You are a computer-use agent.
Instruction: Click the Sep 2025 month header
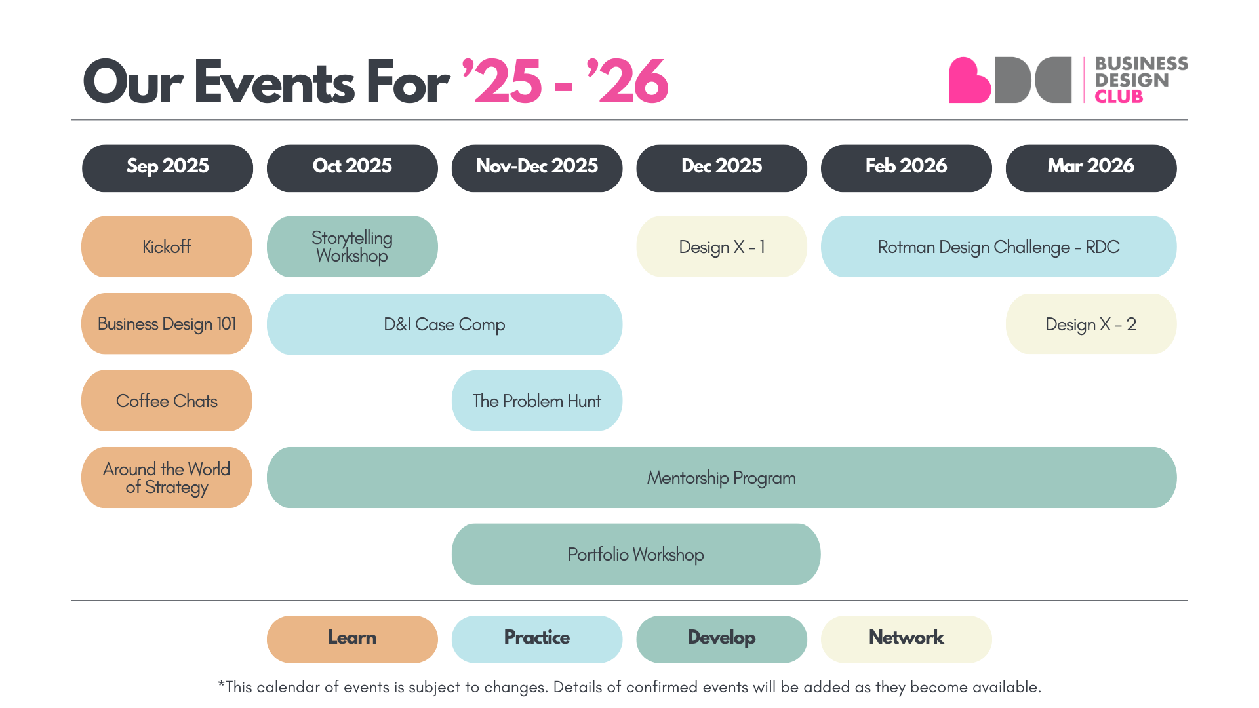click(x=167, y=168)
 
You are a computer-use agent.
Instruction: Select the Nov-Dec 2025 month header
click(x=536, y=168)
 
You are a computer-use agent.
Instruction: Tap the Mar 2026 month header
click(x=1090, y=168)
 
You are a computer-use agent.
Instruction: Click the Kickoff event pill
click(x=167, y=246)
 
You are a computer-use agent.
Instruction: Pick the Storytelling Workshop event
click(x=352, y=246)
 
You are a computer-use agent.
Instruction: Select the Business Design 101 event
click(x=167, y=324)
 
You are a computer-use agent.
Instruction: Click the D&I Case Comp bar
click(x=444, y=324)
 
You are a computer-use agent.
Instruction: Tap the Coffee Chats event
click(x=167, y=401)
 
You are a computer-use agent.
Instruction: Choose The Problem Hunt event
click(x=536, y=401)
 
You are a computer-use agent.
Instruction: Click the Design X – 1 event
click(x=721, y=246)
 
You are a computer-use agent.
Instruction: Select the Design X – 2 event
click(x=1090, y=324)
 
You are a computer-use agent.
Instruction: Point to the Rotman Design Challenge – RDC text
click(x=998, y=247)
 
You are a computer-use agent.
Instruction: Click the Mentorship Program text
click(x=721, y=478)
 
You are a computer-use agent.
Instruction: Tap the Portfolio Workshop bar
click(x=635, y=554)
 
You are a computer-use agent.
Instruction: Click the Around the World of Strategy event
click(x=167, y=478)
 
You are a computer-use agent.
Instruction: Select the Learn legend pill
click(x=352, y=639)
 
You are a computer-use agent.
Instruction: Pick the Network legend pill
click(x=906, y=639)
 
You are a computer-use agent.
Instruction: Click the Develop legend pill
click(x=721, y=639)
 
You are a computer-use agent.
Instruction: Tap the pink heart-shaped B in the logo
click(x=969, y=81)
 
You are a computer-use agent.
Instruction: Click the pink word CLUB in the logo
click(x=1119, y=97)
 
